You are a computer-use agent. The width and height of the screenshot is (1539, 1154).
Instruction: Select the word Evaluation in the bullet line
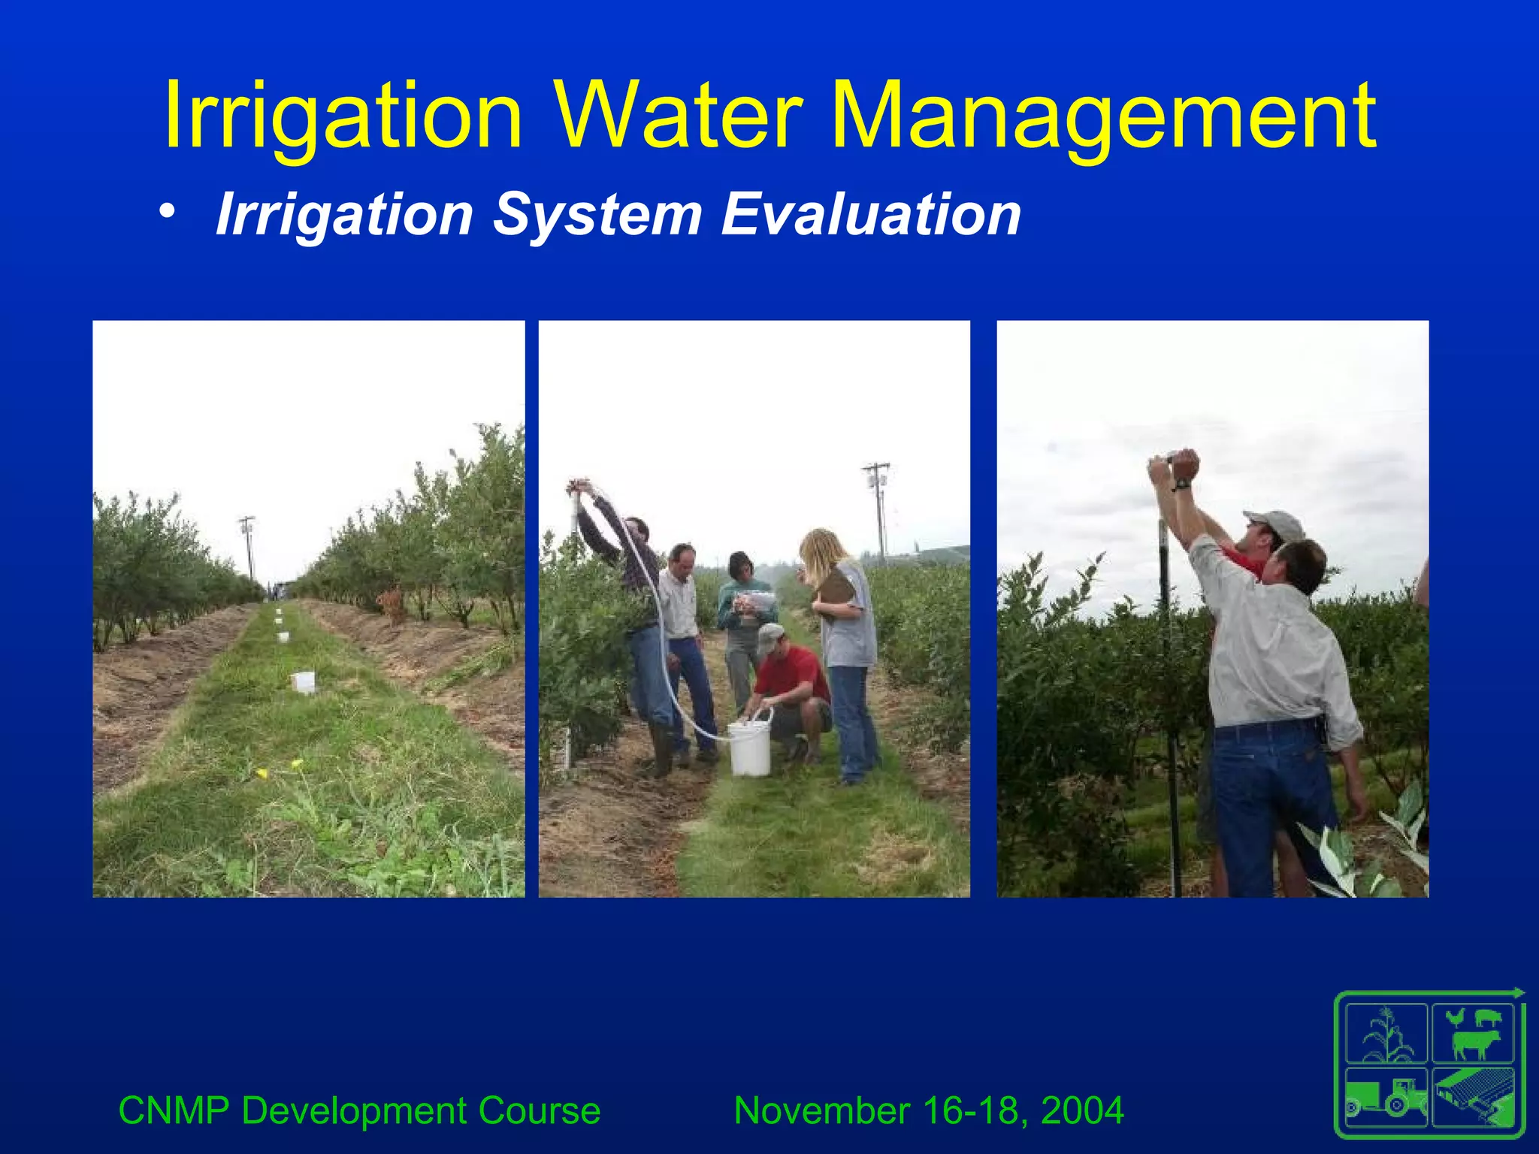point(871,215)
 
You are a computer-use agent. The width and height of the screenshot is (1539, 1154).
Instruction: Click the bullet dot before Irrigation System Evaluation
point(168,213)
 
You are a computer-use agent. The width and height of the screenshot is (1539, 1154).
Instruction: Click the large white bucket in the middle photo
point(749,748)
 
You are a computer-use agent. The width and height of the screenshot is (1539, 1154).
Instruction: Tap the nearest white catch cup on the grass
point(303,682)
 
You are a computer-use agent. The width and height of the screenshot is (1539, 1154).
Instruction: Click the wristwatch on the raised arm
point(1183,484)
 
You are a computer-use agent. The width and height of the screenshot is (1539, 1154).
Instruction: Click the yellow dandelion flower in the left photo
point(262,772)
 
